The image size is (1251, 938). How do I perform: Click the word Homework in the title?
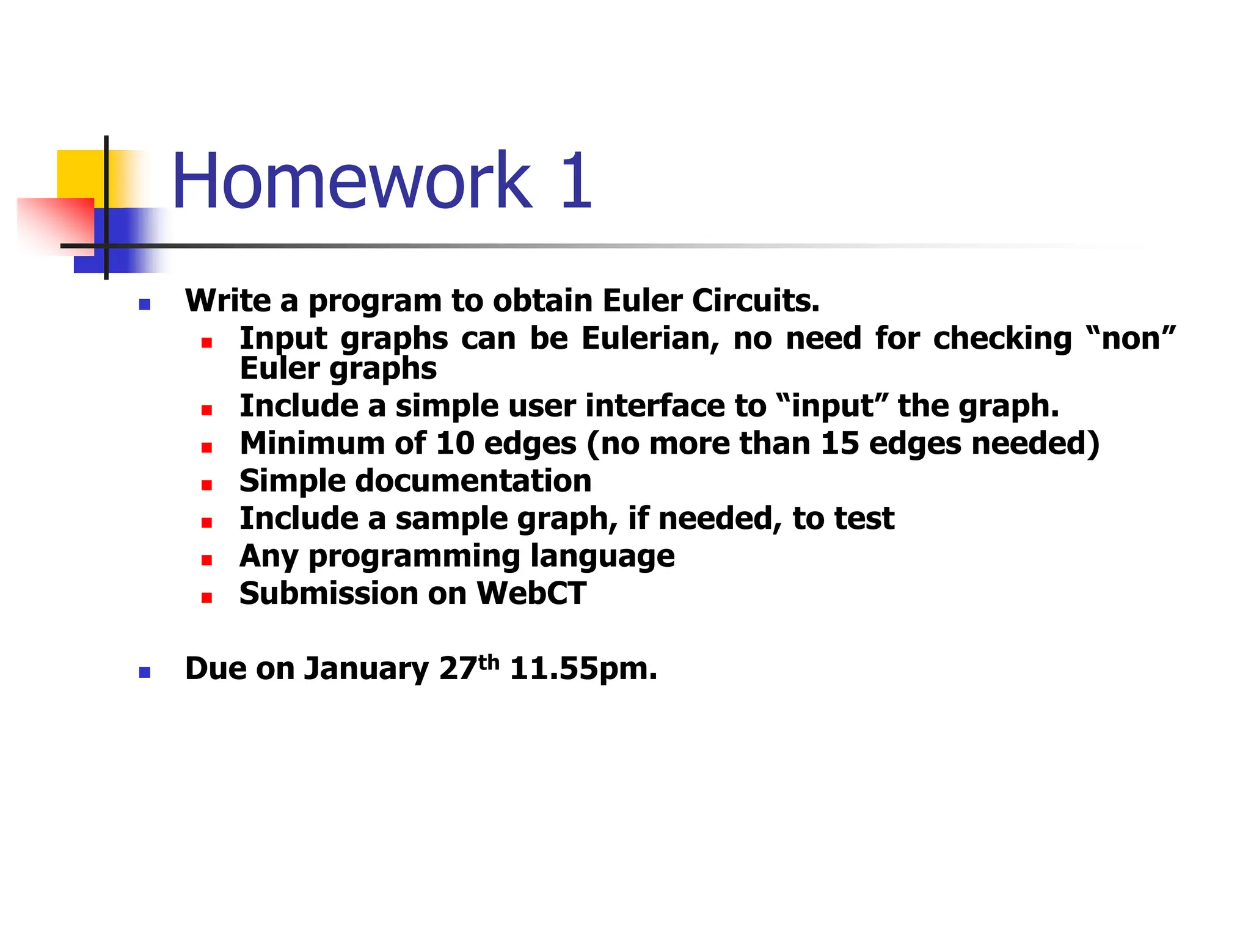(352, 181)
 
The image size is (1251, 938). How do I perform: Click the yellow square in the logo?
(79, 174)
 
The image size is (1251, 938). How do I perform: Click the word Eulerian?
(650, 338)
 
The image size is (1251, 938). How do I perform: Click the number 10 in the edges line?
(455, 443)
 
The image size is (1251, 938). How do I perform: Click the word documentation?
(473, 481)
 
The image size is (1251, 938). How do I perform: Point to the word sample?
(451, 518)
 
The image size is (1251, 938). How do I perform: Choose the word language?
(602, 556)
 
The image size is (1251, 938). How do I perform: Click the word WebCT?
(531, 594)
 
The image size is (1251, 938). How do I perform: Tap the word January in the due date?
(367, 669)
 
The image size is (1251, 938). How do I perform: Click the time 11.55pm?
(583, 669)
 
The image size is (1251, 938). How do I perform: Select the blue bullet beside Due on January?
(145, 672)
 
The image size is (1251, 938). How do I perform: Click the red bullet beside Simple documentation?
(206, 485)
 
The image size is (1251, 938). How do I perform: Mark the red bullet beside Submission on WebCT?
(206, 598)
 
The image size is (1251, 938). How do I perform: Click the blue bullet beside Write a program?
(145, 304)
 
